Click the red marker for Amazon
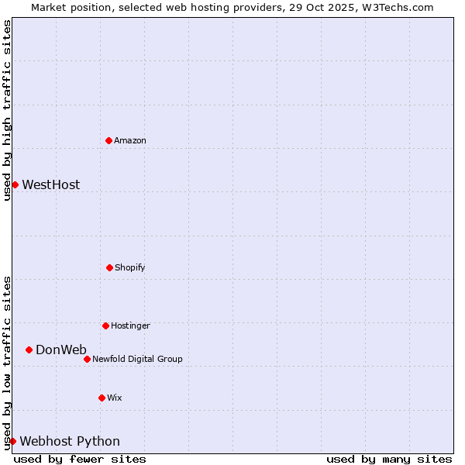tap(109, 140)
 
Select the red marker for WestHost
tap(15, 184)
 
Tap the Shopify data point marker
tap(109, 267)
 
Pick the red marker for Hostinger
tap(105, 325)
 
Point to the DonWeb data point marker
tap(29, 350)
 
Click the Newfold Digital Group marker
tap(87, 359)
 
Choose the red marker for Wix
tap(102, 398)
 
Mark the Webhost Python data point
tap(12, 441)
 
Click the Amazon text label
tap(130, 140)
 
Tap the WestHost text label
tap(50, 184)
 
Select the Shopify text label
tap(130, 267)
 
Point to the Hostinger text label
tap(130, 325)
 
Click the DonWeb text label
tap(61, 350)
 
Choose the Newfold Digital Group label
tap(137, 359)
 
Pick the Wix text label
tap(115, 398)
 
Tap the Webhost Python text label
tap(70, 441)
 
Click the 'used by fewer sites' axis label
tap(80, 459)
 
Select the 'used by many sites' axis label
tap(389, 459)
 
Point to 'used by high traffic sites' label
tap(7, 110)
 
